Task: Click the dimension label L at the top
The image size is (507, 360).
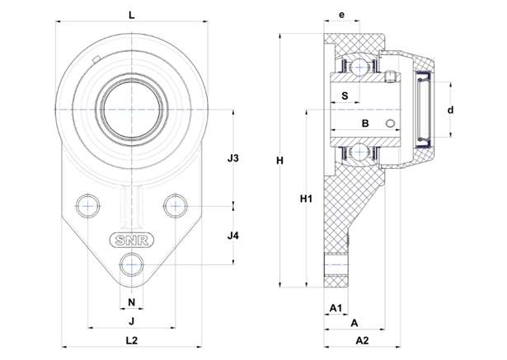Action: pyautogui.click(x=132, y=14)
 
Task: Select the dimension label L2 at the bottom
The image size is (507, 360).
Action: pyautogui.click(x=132, y=339)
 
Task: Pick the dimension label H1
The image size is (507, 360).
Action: pyautogui.click(x=306, y=199)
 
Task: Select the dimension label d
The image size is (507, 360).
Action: pyautogui.click(x=451, y=109)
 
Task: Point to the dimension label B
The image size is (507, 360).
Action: pyautogui.click(x=364, y=124)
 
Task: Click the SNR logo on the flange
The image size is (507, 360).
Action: pyautogui.click(x=130, y=241)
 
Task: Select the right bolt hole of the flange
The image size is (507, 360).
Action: pyautogui.click(x=176, y=204)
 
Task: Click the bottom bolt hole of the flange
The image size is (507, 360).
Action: pyautogui.click(x=131, y=264)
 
